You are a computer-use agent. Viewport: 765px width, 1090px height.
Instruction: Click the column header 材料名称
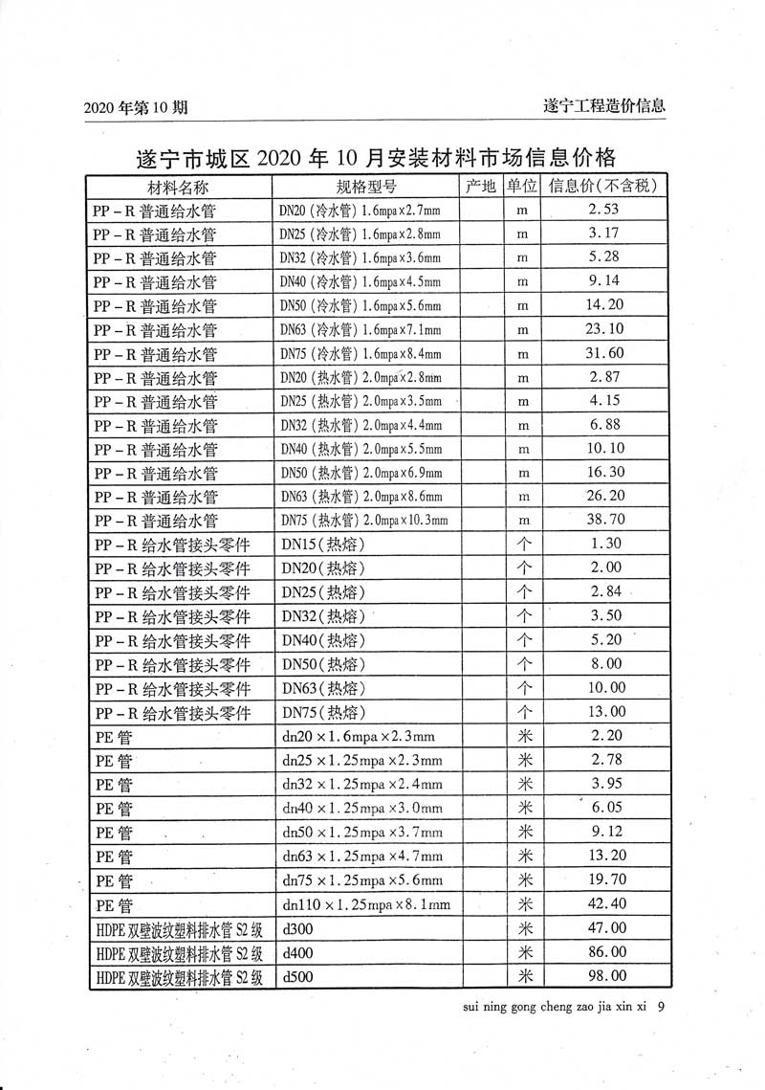click(x=177, y=186)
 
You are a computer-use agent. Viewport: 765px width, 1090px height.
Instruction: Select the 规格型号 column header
click(x=366, y=186)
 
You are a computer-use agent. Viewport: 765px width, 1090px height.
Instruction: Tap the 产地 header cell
click(x=481, y=186)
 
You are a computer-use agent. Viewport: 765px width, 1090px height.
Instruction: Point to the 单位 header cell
click(x=523, y=186)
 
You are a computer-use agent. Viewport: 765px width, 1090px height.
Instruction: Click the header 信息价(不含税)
click(x=607, y=186)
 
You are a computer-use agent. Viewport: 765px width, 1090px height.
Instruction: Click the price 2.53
click(x=606, y=210)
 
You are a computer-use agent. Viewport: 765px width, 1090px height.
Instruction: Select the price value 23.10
click(x=606, y=329)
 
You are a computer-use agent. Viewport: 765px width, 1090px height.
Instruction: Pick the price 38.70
click(x=606, y=521)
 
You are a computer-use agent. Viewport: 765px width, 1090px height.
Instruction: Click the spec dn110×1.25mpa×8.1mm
click(x=366, y=903)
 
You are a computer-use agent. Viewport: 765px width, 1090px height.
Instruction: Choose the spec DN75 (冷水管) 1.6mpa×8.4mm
click(x=361, y=354)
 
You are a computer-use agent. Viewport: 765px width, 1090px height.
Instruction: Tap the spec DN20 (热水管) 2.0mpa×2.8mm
click(x=361, y=378)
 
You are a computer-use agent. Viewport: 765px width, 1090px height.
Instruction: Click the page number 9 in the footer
click(x=662, y=1006)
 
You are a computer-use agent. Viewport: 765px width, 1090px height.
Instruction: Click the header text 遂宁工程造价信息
click(x=603, y=106)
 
